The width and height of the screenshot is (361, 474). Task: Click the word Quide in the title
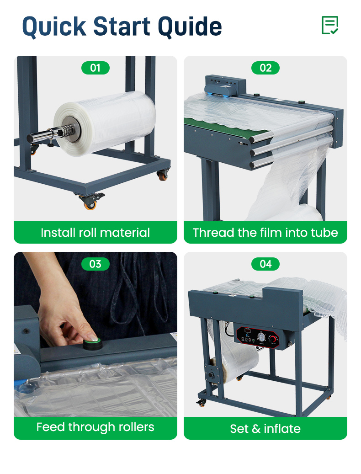(x=190, y=27)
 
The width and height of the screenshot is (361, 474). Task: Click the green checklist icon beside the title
(x=330, y=25)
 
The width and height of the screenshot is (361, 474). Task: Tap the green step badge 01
(x=96, y=68)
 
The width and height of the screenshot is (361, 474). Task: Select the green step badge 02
(x=265, y=68)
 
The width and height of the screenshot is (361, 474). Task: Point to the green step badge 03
(x=96, y=264)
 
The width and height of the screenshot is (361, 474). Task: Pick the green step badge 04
(x=265, y=264)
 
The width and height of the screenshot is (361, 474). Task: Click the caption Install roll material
(x=96, y=233)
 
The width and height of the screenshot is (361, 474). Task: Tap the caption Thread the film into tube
(x=265, y=233)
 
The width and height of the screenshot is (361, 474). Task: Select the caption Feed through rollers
(x=96, y=427)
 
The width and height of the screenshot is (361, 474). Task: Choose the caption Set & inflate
(x=265, y=429)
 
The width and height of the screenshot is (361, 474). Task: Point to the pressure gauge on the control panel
(x=260, y=336)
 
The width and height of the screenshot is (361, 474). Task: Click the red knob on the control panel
(x=272, y=339)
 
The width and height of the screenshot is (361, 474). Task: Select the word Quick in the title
(x=54, y=27)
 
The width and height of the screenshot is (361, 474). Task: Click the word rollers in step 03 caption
(x=137, y=427)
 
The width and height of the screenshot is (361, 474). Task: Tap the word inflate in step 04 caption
(x=282, y=429)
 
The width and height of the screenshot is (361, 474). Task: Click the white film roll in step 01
(x=106, y=124)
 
